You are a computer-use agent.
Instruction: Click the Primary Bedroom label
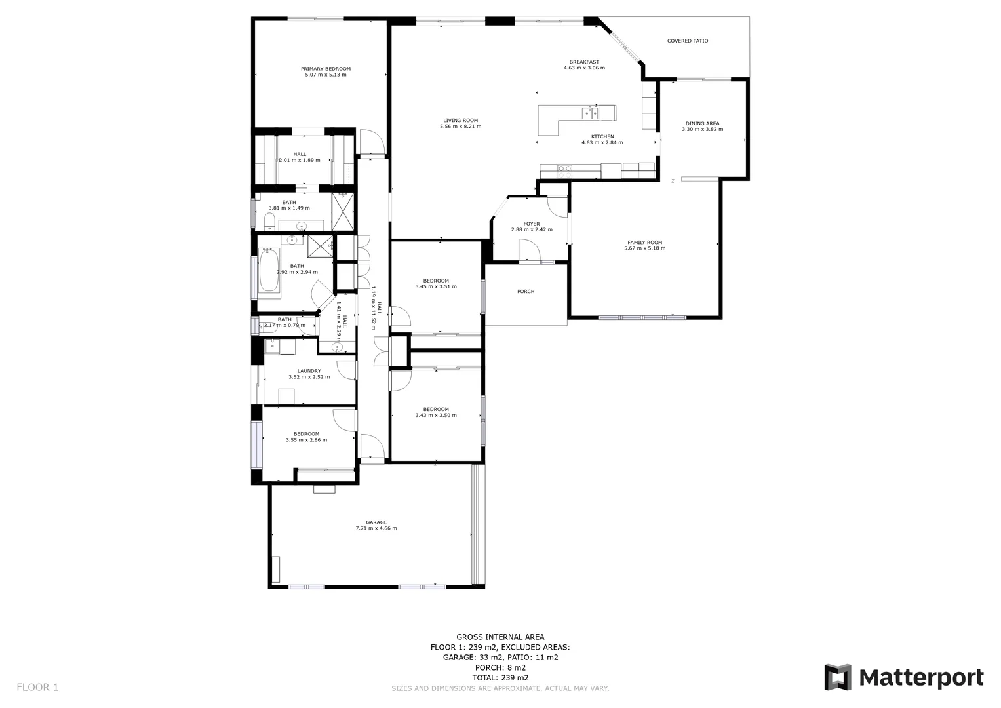click(x=325, y=69)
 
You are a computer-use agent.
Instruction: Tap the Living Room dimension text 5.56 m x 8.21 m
click(x=460, y=127)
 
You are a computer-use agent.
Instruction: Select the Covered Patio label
click(x=687, y=41)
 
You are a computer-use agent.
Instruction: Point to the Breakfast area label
click(x=584, y=62)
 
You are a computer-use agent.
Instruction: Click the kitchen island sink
click(x=589, y=113)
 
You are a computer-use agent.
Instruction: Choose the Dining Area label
click(x=702, y=123)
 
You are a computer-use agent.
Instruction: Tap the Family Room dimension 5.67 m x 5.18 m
click(x=644, y=248)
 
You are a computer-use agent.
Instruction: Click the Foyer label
click(x=531, y=224)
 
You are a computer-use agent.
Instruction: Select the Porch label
click(x=526, y=291)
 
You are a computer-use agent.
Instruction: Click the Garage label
click(x=376, y=522)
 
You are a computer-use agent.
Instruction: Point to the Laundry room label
click(x=309, y=371)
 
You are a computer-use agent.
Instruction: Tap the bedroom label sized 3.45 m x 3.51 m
click(x=436, y=281)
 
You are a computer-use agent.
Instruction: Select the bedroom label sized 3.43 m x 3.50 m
click(x=436, y=409)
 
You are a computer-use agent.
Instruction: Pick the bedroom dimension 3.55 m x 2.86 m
click(x=306, y=440)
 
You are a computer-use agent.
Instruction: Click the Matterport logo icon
click(x=837, y=677)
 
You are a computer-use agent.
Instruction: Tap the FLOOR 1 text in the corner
click(x=37, y=687)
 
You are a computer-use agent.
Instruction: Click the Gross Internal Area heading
click(x=500, y=637)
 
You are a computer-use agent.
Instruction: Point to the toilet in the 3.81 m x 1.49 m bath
click(x=269, y=219)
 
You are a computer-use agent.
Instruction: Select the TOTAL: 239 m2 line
click(x=500, y=678)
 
